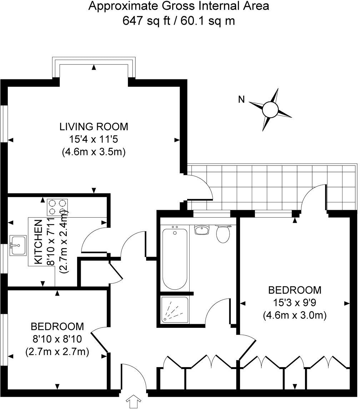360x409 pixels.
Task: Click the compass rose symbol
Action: [270, 109]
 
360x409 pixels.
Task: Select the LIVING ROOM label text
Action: [94, 127]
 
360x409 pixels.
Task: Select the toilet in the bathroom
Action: [223, 234]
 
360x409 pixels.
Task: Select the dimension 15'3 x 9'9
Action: [295, 303]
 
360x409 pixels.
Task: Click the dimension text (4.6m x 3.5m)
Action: [94, 152]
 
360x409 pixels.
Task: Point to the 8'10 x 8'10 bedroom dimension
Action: [57, 339]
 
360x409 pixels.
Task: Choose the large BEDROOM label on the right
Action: [295, 289]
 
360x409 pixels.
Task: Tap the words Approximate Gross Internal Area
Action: [179, 6]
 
